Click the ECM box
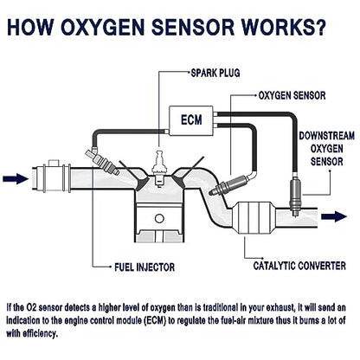pos(191,120)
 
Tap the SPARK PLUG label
pos(215,73)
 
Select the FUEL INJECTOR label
pos(145,267)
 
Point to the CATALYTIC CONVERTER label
pos(299,266)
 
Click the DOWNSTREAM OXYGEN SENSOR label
pos(327,149)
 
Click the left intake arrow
pos(16,178)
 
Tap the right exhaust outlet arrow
pos(334,216)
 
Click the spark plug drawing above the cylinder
pos(159,168)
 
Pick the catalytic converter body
pos(254,218)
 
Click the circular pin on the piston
pos(159,218)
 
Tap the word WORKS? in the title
pos(284,27)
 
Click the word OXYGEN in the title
pos(102,27)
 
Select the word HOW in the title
pos(30,27)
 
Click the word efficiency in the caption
pos(40,334)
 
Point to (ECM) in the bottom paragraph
pos(155,320)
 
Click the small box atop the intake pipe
pos(53,163)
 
